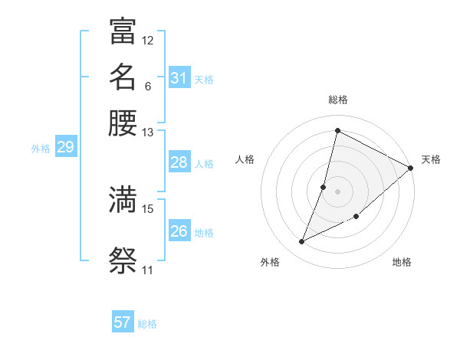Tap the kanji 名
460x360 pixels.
(123, 77)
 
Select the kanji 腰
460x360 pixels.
(123, 123)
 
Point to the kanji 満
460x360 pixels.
(123, 200)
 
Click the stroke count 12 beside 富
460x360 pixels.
(148, 40)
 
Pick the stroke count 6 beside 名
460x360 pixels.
(147, 86)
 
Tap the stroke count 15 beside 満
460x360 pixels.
(148, 208)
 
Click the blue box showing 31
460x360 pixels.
(179, 78)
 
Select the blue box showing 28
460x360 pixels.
(179, 162)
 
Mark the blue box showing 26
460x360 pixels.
(179, 231)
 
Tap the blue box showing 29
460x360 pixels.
(65, 148)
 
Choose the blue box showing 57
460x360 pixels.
(123, 322)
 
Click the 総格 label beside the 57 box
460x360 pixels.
(147, 324)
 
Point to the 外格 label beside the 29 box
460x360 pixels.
(41, 149)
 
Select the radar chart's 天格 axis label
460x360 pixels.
(431, 159)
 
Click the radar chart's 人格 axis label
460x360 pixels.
(245, 159)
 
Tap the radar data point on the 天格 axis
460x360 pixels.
(410, 168)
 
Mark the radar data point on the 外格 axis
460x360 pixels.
(302, 242)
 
